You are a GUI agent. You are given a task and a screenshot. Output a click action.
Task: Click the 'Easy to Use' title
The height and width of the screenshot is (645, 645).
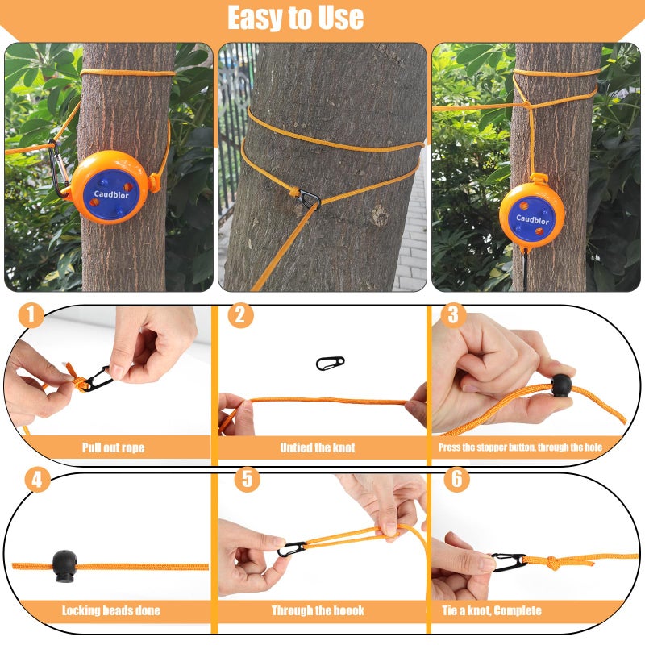(295, 18)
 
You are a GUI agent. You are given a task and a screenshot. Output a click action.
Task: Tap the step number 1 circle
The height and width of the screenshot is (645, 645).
(31, 315)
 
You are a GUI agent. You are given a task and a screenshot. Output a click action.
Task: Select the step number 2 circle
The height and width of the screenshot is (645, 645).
(240, 315)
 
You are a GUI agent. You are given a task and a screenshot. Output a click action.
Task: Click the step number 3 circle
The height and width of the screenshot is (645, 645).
(453, 315)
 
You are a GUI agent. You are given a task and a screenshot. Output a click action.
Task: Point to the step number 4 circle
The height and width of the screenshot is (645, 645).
(37, 480)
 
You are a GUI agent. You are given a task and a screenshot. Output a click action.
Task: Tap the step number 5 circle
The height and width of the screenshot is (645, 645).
(248, 479)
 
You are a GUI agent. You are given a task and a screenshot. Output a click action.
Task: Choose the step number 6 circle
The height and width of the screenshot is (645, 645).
(457, 479)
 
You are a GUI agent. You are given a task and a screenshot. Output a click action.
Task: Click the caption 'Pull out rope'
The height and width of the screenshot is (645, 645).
(113, 447)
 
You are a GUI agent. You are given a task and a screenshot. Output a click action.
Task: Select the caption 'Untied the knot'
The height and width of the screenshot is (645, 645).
(317, 447)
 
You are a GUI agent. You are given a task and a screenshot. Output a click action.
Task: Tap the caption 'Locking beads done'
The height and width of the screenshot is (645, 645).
(111, 610)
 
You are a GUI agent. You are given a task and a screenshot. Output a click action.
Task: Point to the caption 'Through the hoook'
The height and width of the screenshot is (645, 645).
(318, 610)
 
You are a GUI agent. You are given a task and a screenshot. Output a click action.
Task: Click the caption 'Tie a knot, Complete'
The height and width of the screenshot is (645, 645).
(492, 610)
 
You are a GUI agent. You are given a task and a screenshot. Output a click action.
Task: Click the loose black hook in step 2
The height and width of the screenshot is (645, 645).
(330, 364)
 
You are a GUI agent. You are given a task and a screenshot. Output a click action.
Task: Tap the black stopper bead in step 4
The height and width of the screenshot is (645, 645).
(64, 567)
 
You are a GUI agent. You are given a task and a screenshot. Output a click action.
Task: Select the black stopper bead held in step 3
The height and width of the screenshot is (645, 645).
(561, 385)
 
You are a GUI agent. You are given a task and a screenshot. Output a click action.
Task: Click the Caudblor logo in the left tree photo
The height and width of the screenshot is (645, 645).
(111, 194)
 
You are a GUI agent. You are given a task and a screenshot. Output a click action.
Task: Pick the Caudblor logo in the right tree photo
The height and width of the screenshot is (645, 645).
(532, 219)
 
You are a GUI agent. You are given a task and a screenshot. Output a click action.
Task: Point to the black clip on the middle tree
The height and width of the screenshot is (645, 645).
(310, 199)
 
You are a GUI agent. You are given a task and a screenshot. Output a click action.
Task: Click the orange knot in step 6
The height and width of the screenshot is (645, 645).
(551, 562)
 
